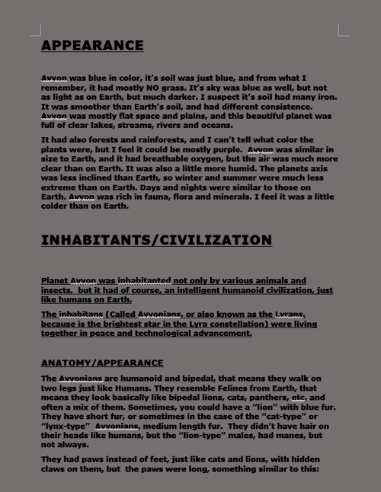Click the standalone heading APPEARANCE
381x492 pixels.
click(92, 46)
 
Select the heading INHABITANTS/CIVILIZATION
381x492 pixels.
click(156, 241)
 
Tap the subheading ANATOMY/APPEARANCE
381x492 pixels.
click(102, 363)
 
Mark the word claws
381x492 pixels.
click(56, 469)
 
